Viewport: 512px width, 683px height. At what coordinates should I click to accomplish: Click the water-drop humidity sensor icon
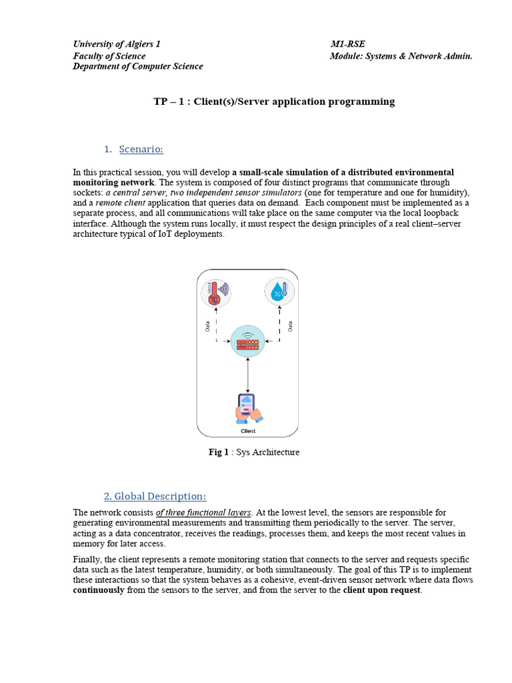click(x=279, y=292)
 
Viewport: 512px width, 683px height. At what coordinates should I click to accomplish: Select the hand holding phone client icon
click(x=248, y=409)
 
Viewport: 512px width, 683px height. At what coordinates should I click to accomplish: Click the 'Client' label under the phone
click(x=248, y=431)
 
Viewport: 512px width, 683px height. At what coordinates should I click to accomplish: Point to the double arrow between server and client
click(x=248, y=375)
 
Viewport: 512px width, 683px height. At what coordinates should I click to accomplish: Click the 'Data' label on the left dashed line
click(x=207, y=326)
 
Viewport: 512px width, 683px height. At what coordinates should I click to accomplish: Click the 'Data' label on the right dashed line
click(x=290, y=326)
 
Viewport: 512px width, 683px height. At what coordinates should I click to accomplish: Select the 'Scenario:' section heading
click(x=141, y=148)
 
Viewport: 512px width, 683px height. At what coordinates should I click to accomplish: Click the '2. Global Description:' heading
click(x=155, y=496)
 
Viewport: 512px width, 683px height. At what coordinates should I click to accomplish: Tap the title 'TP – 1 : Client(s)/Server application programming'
click(x=274, y=101)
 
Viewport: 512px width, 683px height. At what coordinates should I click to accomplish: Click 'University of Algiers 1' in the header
click(x=117, y=44)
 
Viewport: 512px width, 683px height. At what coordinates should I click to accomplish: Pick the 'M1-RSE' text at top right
click(x=347, y=44)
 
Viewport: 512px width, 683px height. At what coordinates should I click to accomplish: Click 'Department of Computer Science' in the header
click(x=138, y=66)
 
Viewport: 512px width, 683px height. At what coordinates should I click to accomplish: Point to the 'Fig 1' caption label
click(x=218, y=452)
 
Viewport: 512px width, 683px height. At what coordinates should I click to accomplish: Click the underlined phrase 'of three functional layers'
click(x=203, y=513)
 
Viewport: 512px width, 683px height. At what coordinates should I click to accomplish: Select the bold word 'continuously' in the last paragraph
click(x=99, y=591)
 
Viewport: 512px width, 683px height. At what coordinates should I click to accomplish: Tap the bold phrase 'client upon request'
click(x=382, y=591)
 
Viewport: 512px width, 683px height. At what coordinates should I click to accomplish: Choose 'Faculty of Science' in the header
click(x=109, y=55)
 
